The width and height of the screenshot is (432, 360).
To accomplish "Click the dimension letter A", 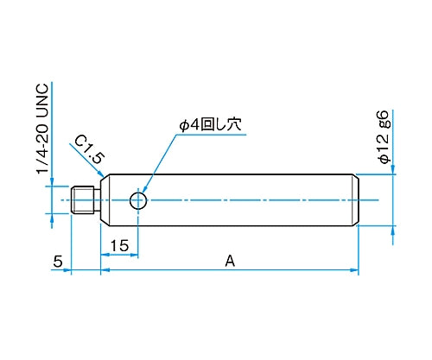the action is tap(230, 262).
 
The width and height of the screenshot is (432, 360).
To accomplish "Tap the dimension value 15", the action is tap(119, 246).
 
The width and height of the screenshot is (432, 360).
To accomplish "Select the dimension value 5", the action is tap(58, 262).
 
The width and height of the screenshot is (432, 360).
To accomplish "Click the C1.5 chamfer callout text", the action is tap(89, 149).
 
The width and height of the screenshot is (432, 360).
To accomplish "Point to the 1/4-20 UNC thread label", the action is tap(42, 129).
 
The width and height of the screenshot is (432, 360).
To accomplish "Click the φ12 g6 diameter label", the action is tap(384, 137).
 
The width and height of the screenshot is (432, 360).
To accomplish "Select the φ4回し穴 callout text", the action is tap(210, 124).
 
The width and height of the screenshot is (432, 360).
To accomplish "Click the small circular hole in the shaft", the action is tap(138, 200).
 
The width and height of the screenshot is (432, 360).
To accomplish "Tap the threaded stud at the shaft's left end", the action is tap(82, 200).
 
